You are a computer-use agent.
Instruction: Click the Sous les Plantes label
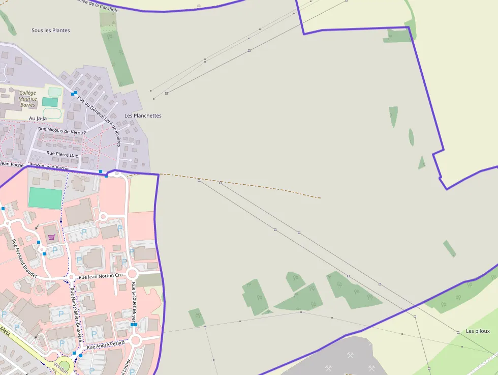click(51, 31)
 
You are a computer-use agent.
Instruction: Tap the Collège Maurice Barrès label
click(27, 99)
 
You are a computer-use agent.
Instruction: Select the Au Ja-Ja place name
click(38, 119)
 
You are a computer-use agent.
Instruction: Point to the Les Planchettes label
click(143, 116)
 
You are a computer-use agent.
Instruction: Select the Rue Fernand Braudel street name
click(23, 260)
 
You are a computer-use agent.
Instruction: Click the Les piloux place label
click(478, 331)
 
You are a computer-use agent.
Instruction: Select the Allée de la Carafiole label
click(98, 5)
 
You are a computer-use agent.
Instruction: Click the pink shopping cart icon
click(51, 237)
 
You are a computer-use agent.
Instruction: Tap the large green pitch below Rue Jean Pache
click(45, 198)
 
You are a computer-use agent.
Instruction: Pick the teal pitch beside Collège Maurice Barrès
click(50, 102)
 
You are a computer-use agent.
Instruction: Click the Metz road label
click(6, 330)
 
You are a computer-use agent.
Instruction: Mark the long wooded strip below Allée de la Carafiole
click(117, 51)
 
